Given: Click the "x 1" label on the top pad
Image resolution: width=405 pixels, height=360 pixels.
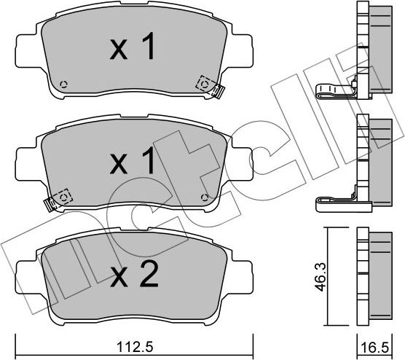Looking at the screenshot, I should coord(132,49).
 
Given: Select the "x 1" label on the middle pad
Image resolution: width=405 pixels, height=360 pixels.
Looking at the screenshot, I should coord(132,162).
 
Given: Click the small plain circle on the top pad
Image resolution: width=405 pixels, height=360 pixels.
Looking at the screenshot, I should coord(63,83).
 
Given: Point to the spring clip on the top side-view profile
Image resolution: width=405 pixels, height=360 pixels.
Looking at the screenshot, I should coord(334,91).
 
